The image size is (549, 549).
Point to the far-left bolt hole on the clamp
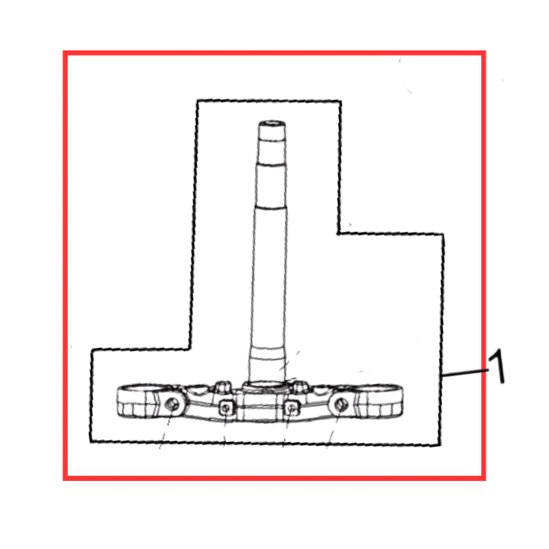pos(173,405)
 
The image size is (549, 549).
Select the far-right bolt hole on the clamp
pos(341,405)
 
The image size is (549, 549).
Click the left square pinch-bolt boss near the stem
pos(226,408)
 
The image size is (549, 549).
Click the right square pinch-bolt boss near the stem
pos(292,408)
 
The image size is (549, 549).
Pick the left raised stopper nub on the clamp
pos(223,386)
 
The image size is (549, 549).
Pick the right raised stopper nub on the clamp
pos(299,386)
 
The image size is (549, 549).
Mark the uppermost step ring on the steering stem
pos(272,140)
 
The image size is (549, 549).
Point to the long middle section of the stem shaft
pos(269,276)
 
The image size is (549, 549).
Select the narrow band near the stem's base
pos(266,351)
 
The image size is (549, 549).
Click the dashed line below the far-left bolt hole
pos(165,429)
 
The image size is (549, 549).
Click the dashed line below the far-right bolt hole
pos(334,429)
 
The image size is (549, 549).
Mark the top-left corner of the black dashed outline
pos(198,101)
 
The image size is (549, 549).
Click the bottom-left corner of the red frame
pos(65,478)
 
